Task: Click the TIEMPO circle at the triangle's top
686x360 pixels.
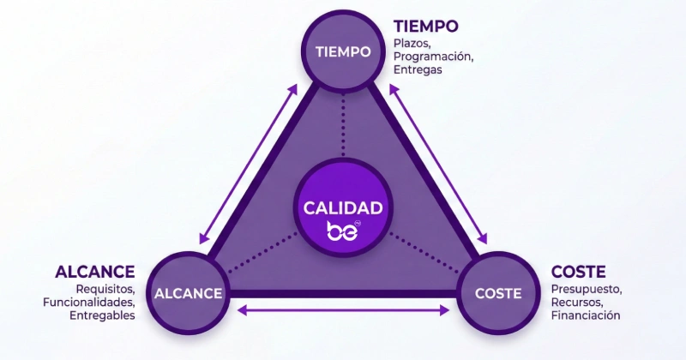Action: [x=343, y=51]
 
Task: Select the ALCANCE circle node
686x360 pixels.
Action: [x=188, y=293]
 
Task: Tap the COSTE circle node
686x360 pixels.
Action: [x=497, y=293]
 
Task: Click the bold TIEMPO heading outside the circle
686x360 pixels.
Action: [x=425, y=26]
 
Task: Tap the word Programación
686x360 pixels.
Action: [x=433, y=57]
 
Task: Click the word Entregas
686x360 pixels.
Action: [x=418, y=70]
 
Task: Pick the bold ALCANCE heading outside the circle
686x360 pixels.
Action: [x=95, y=272]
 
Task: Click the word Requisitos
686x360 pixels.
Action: [x=105, y=289]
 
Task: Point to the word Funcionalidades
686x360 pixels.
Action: [x=89, y=303]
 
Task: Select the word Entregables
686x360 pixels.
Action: [x=102, y=315]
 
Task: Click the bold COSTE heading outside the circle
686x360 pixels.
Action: [x=578, y=272]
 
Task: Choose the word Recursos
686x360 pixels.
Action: [x=577, y=303]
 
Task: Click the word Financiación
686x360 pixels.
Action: [x=586, y=315]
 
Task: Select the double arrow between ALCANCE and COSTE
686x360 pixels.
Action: [x=343, y=310]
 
